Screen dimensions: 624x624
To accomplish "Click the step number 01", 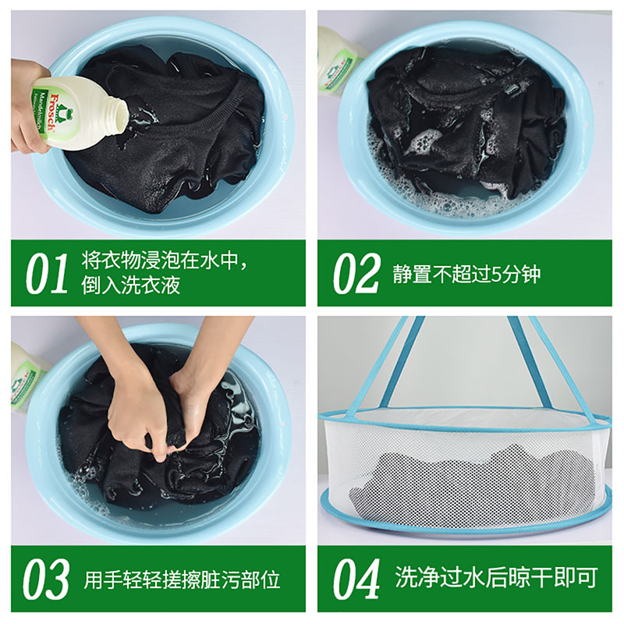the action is click(47, 274).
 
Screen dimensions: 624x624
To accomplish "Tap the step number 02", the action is click(356, 274).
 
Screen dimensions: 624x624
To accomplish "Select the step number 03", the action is click(46, 579).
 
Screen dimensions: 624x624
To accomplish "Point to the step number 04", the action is click(356, 579).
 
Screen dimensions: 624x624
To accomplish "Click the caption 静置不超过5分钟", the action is click(466, 275).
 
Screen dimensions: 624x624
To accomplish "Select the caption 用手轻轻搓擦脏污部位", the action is click(182, 580).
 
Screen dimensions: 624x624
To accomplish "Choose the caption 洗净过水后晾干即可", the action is click(496, 577).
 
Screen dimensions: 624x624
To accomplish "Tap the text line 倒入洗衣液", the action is click(130, 285).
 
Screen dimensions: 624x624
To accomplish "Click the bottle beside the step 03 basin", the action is click(28, 379).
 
